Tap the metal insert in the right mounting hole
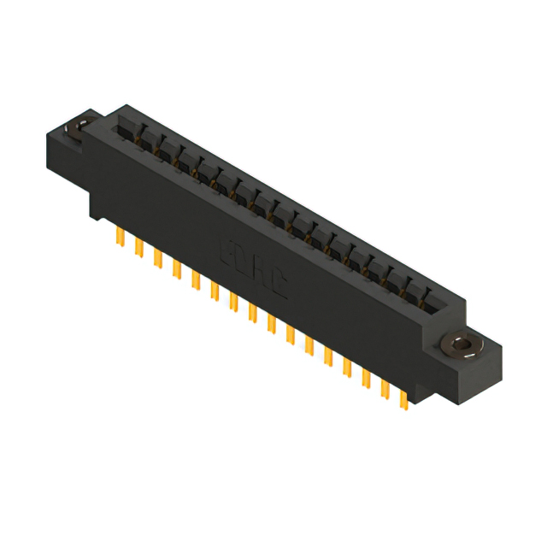click(x=462, y=345)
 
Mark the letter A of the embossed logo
click(x=261, y=274)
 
